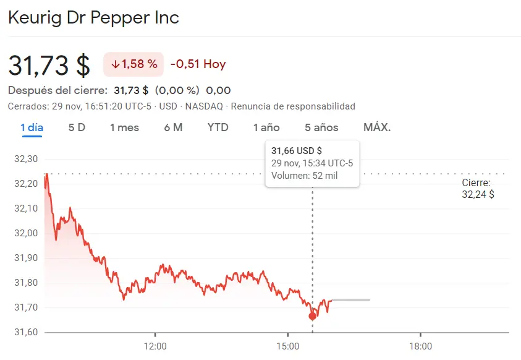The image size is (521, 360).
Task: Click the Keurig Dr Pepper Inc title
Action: [x=93, y=17]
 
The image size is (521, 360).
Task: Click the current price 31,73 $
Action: [x=49, y=65]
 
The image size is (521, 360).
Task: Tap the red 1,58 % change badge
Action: [x=134, y=64]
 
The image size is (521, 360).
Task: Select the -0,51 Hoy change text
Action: [x=198, y=64]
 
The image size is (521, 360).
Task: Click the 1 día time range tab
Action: [x=32, y=127]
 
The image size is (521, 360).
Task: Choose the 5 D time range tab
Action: [x=77, y=127]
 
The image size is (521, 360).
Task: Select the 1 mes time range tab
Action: [x=124, y=127]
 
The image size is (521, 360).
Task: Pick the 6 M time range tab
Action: [x=173, y=127]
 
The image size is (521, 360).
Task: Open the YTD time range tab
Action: [x=218, y=127]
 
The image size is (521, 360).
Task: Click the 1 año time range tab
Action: [x=266, y=127]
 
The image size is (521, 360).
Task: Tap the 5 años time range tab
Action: [x=321, y=127]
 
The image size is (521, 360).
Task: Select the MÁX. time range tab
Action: [x=377, y=127]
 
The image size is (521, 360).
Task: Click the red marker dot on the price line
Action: [x=312, y=316]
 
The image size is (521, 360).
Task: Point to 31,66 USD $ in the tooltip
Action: [x=297, y=150]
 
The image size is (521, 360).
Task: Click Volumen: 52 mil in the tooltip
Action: [x=304, y=176]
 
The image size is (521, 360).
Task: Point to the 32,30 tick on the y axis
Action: [x=25, y=159]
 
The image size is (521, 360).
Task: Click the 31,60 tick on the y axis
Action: [x=25, y=332]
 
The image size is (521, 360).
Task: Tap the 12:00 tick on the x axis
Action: [x=155, y=346]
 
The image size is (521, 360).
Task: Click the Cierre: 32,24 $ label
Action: [x=477, y=189]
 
